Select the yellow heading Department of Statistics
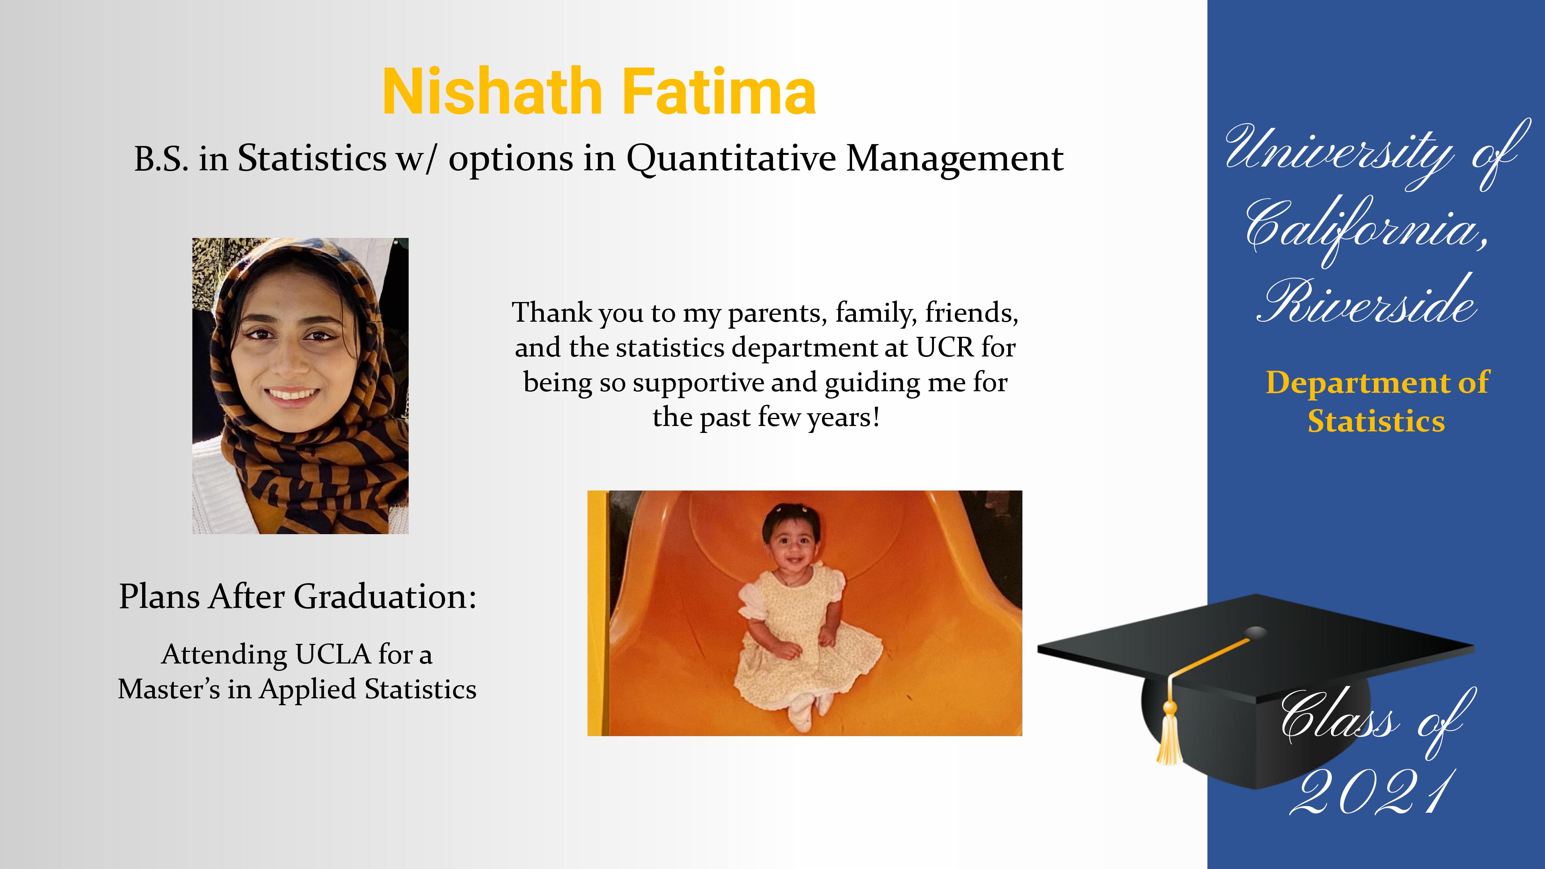(1377, 401)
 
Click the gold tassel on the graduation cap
(1170, 735)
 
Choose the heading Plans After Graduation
(297, 597)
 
